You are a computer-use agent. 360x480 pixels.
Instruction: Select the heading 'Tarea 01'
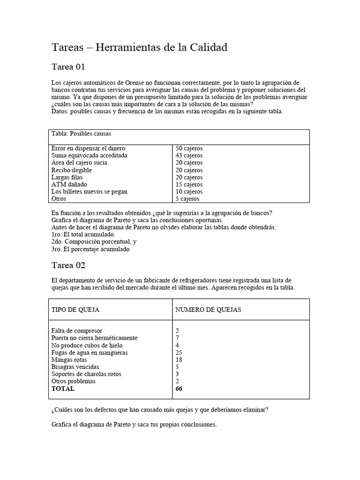(68, 67)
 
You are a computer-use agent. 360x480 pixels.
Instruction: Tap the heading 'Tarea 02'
(68, 265)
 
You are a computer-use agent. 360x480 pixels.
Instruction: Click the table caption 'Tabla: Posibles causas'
(81, 134)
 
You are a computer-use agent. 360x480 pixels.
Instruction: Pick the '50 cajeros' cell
(189, 148)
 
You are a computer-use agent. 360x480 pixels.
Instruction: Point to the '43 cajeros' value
(189, 155)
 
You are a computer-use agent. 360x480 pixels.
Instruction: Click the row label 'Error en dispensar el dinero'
(88, 148)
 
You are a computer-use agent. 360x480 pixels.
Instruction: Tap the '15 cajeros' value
(189, 184)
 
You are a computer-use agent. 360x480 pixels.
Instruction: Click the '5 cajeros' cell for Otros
(187, 199)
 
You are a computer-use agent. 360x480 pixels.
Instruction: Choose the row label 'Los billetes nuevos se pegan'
(89, 191)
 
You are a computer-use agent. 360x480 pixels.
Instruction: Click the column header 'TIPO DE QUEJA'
(75, 310)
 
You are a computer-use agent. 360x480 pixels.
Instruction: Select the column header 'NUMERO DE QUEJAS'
(208, 310)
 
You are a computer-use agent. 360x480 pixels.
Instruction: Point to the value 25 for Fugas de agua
(179, 352)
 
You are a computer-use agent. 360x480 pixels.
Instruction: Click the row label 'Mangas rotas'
(69, 360)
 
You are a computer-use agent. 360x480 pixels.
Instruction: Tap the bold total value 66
(179, 389)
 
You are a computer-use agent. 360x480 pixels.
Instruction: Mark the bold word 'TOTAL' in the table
(63, 389)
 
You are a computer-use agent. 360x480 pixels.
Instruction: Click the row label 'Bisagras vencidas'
(75, 367)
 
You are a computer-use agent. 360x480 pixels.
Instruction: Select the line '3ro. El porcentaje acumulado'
(90, 249)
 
